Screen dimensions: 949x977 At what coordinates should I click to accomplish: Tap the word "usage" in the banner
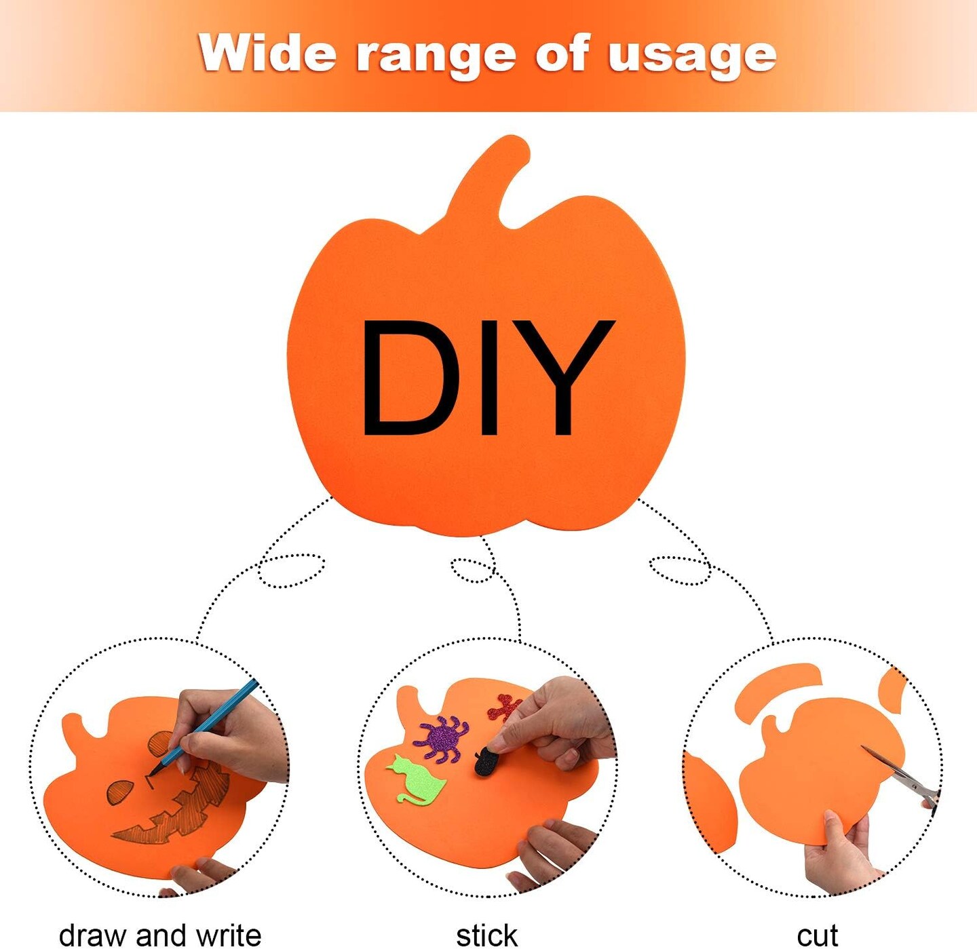click(x=691, y=56)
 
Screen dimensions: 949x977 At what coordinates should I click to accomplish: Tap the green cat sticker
click(x=417, y=781)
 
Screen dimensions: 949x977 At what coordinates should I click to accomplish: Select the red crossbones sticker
click(x=504, y=708)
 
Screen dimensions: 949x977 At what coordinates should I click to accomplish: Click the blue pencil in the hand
click(x=210, y=723)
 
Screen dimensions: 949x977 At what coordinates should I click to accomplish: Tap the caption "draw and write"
click(x=160, y=935)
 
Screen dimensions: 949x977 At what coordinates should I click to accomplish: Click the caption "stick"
click(x=486, y=935)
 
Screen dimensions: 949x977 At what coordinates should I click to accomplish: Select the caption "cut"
click(x=817, y=935)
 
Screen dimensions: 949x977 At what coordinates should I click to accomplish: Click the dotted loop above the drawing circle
click(x=291, y=570)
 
